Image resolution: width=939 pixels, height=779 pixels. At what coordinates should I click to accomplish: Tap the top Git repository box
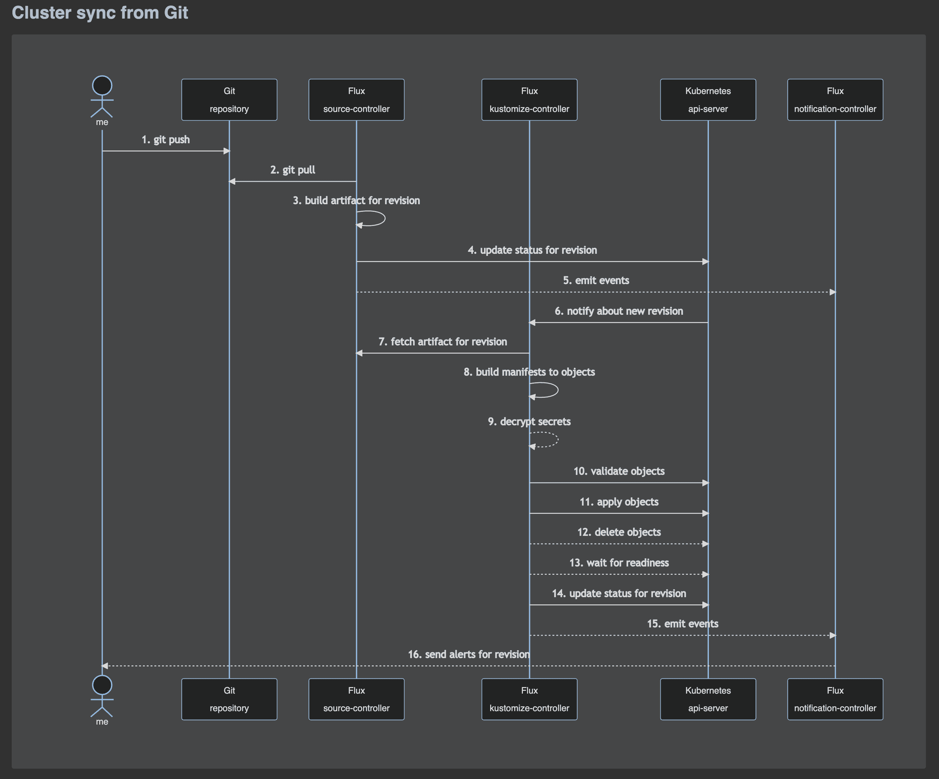[229, 100]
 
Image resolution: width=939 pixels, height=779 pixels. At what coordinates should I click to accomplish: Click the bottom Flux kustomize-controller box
[529, 699]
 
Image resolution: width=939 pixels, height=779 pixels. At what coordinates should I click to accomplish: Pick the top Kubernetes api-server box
[708, 100]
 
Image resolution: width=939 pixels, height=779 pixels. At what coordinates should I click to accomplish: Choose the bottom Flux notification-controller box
[835, 699]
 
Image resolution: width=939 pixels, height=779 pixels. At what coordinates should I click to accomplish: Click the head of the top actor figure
[102, 85]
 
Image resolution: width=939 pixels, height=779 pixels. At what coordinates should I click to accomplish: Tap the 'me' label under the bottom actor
[102, 722]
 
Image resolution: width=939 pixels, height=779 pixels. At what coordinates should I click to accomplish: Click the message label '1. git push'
[165, 140]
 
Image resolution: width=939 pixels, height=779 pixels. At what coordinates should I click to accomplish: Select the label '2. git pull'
[292, 170]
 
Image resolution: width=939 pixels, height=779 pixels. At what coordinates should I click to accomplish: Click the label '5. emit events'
[596, 281]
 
